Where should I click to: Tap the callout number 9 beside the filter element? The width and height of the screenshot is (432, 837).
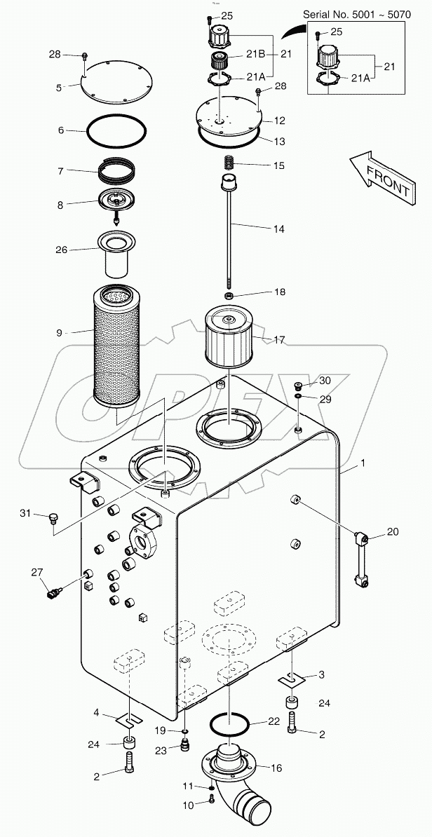59,332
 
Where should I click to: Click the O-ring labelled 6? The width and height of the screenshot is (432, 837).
116,131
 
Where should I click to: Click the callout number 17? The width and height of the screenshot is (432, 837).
280,340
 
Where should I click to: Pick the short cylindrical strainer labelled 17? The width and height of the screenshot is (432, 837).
231,340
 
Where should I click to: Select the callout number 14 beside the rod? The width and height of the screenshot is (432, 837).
279,228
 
